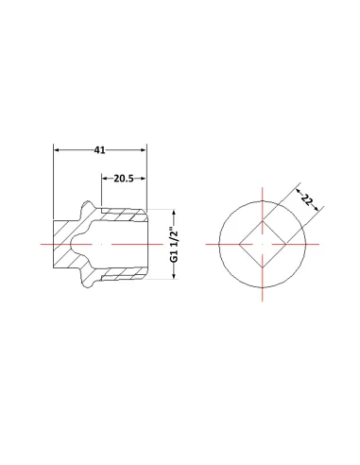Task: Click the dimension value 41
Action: coord(100,150)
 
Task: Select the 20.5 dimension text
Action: coord(124,179)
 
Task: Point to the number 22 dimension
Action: coord(306,199)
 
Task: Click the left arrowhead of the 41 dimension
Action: coord(57,150)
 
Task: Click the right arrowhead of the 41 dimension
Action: coord(144,150)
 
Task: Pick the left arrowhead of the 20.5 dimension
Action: coord(105,179)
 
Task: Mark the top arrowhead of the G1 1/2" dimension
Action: coord(174,212)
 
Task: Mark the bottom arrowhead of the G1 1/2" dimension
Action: coord(174,276)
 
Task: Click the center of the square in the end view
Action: coord(263,244)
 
